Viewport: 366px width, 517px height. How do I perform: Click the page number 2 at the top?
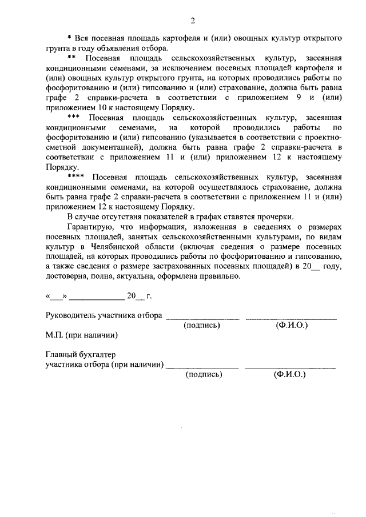point(193,22)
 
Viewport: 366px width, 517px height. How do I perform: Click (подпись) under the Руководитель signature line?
point(202,325)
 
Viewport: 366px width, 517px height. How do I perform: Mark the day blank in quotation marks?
point(56,296)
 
